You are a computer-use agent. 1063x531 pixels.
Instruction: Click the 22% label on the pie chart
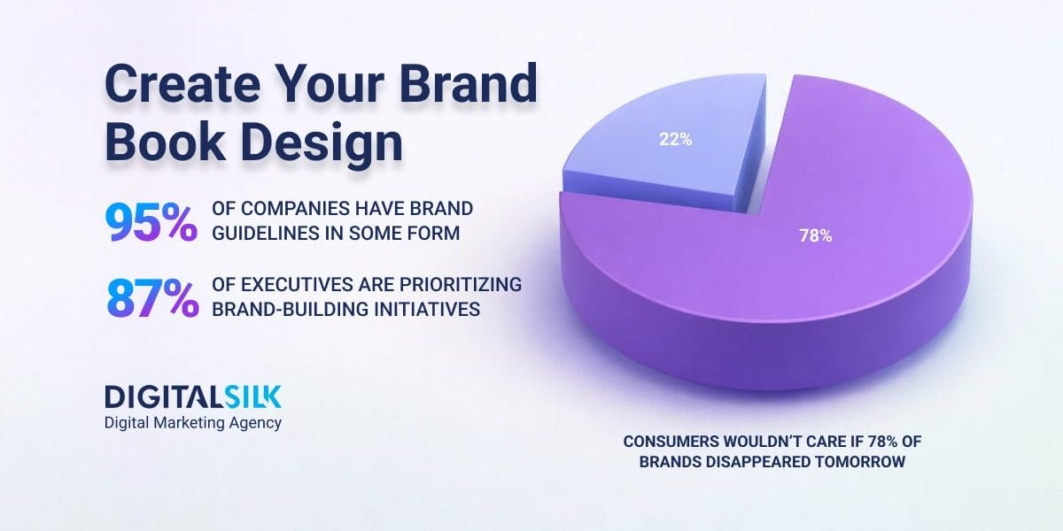click(675, 140)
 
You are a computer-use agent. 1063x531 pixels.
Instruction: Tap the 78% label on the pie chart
click(815, 235)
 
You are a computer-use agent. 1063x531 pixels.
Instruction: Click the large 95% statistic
click(151, 222)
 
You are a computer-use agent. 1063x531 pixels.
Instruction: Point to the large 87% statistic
click(152, 297)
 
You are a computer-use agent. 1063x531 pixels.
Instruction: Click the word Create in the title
click(182, 84)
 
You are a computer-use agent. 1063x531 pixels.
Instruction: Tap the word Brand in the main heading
click(469, 83)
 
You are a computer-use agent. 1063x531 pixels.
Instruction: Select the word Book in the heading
click(165, 142)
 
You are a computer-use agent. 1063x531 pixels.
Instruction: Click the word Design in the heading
click(322, 144)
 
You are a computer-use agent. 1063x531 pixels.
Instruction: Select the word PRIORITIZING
click(461, 284)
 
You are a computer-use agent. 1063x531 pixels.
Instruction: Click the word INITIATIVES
click(427, 309)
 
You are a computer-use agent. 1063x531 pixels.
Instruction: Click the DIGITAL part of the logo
click(164, 396)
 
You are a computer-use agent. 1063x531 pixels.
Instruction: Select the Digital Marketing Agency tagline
click(193, 423)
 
